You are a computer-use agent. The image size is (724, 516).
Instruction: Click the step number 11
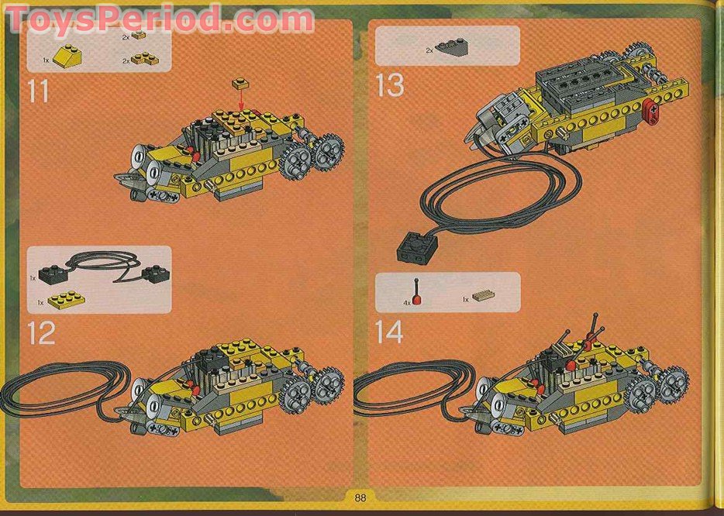(38, 91)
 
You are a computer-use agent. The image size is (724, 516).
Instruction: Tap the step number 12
(41, 332)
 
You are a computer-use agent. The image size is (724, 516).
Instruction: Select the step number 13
(389, 85)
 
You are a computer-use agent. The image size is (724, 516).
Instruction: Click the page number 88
(360, 497)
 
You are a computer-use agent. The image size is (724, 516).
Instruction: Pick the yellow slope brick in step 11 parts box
(68, 56)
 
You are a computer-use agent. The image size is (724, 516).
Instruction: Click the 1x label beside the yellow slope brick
(46, 60)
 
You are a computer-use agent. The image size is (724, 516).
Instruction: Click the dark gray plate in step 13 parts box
(451, 47)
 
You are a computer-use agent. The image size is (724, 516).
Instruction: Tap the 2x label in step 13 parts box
(429, 50)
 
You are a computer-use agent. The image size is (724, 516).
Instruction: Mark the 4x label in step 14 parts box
(406, 303)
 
